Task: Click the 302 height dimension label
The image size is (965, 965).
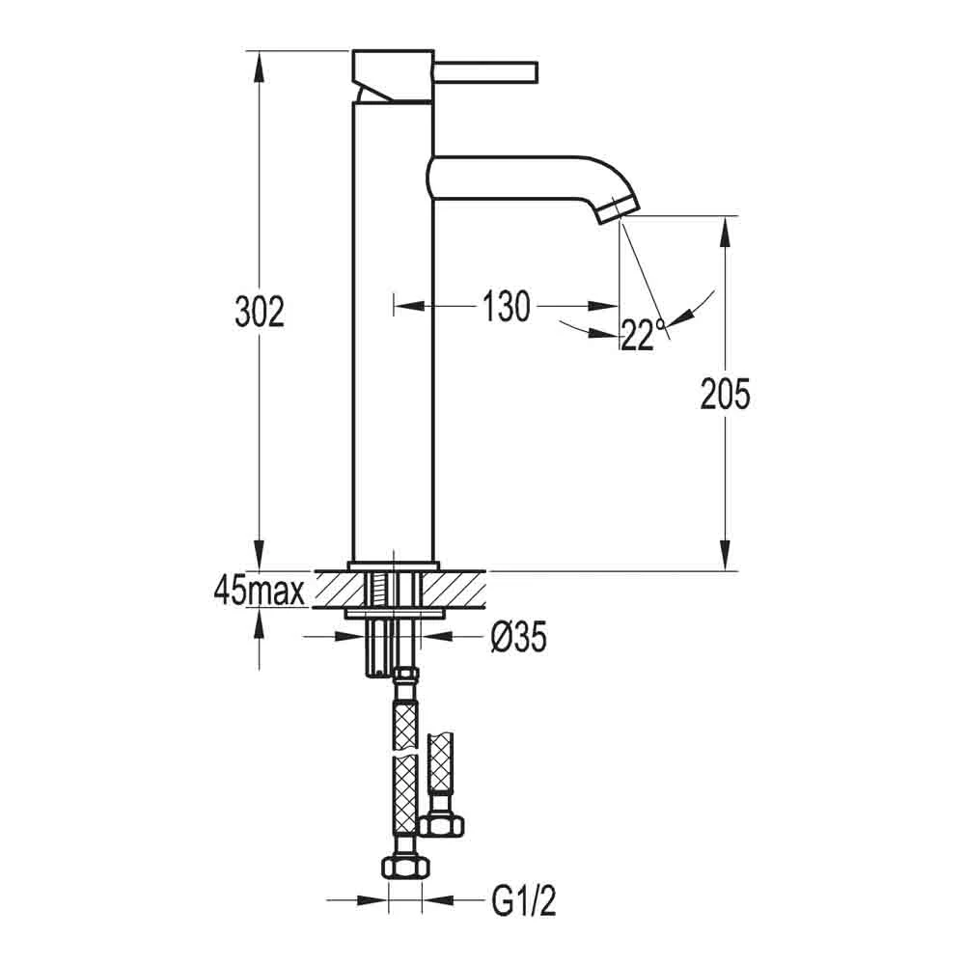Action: pos(260,313)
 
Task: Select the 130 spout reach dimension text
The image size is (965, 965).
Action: pos(507,307)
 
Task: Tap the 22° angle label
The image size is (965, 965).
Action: pos(643,336)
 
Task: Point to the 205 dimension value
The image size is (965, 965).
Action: pos(723,395)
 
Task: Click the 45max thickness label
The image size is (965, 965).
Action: pos(260,591)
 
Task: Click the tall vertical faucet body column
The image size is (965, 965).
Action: pos(392,328)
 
